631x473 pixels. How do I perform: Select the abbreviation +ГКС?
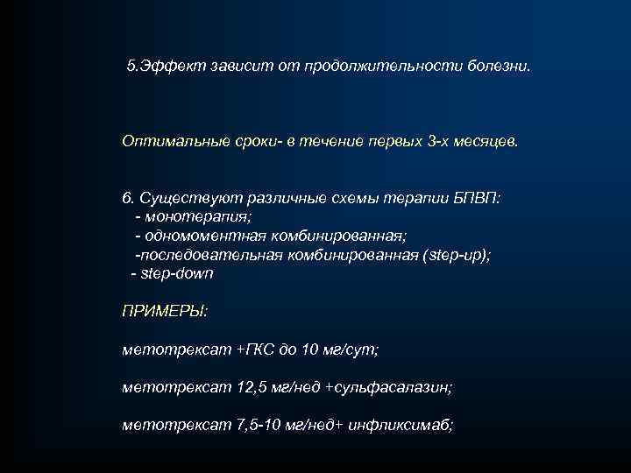[260, 349]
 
